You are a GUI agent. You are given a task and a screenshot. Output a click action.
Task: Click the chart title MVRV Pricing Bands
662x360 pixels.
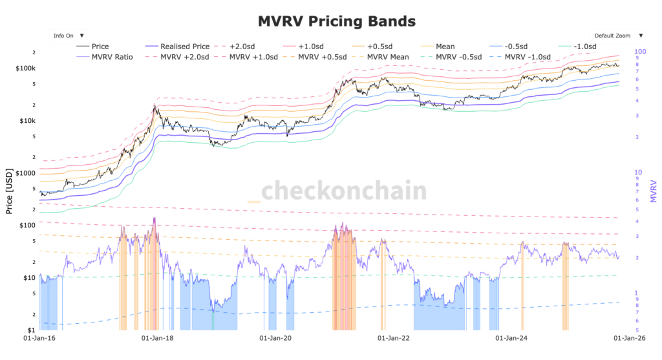[336, 21]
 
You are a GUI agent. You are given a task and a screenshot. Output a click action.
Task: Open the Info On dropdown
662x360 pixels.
[68, 36]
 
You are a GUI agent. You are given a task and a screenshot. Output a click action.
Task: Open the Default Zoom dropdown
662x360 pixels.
[617, 36]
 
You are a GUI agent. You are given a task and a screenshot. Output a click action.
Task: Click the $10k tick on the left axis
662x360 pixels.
[28, 121]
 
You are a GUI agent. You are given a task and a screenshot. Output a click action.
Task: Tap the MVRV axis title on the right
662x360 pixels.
[654, 191]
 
